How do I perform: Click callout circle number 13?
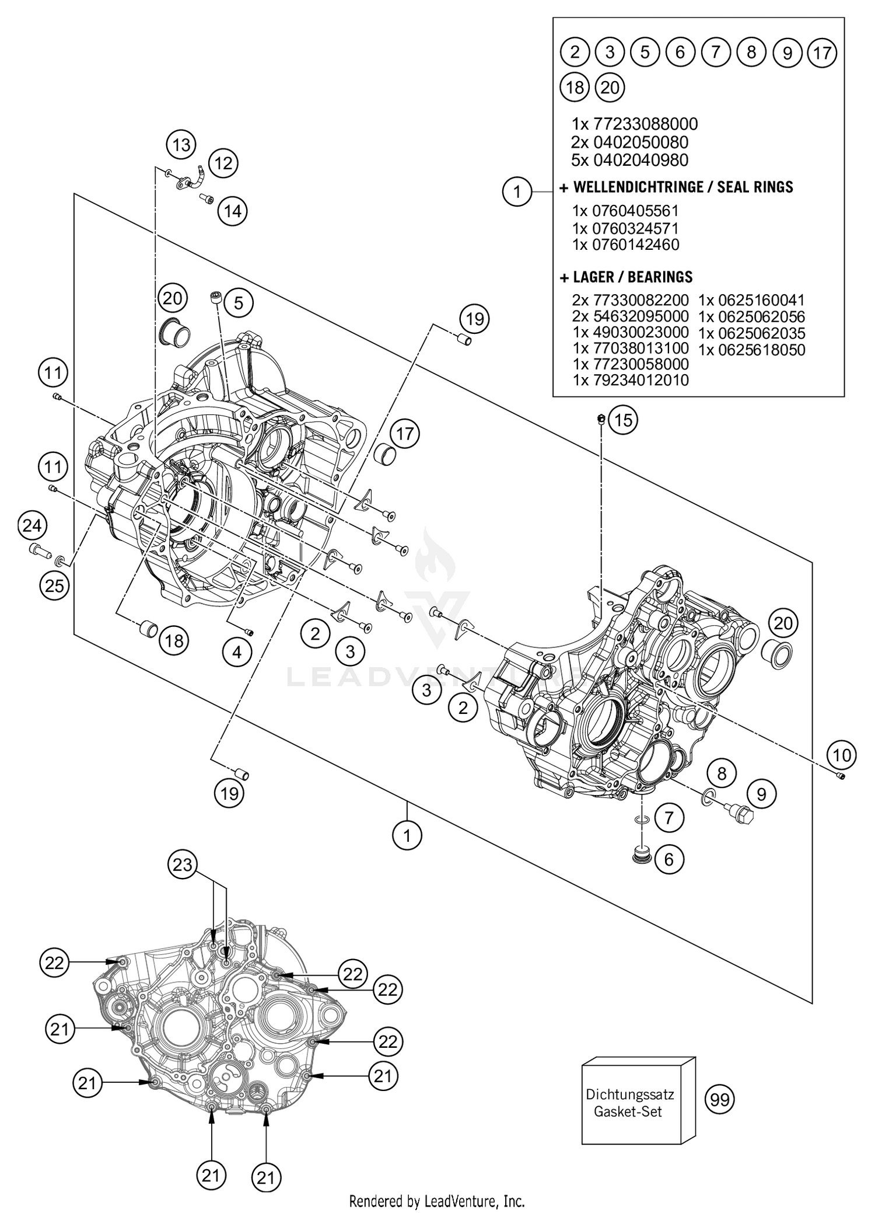pos(181,144)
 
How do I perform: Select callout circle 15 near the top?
pos(622,420)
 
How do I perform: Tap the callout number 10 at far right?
pos(842,755)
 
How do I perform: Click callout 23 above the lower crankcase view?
pos(183,863)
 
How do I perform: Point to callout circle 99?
pos(720,1100)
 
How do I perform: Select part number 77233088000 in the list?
pos(645,124)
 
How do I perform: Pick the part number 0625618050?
pos(752,350)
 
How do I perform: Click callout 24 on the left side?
pos(32,526)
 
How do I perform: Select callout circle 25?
pos(54,585)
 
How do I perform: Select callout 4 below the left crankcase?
pos(236,652)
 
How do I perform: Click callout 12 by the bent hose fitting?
pos(223,163)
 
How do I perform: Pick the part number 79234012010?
pos(640,380)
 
